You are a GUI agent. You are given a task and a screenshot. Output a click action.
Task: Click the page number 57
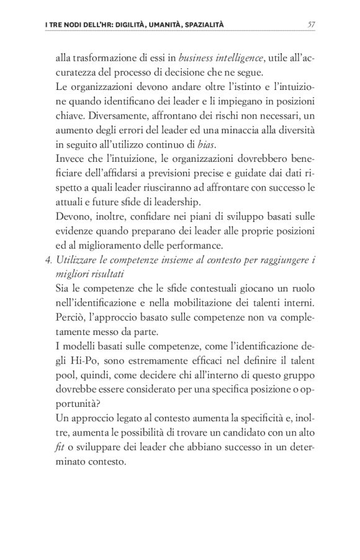(x=312, y=24)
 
